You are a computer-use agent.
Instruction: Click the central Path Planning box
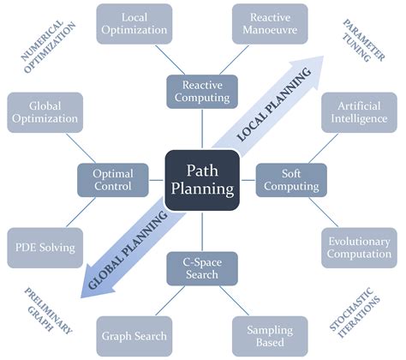(202, 175)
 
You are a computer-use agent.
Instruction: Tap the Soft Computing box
(290, 179)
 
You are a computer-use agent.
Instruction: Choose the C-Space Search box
(202, 267)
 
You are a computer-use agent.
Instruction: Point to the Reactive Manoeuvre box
(269, 24)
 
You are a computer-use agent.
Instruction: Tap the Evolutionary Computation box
(359, 248)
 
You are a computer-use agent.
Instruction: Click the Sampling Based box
(271, 335)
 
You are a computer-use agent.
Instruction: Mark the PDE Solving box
(45, 248)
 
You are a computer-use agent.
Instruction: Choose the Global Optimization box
(45, 112)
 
